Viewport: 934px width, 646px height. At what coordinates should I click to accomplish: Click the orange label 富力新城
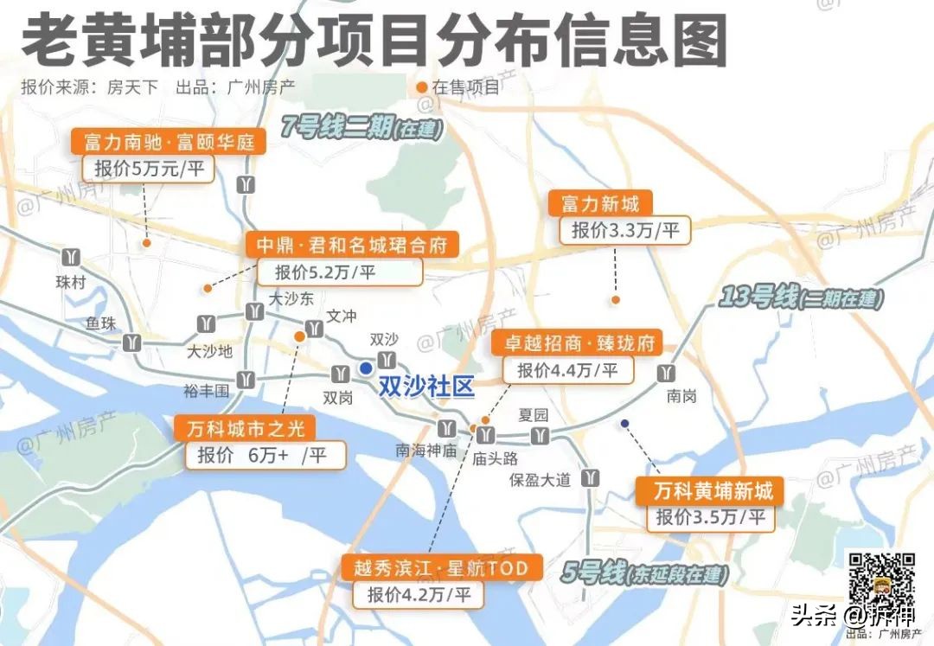click(600, 204)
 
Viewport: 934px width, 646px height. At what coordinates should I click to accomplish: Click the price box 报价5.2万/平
click(339, 272)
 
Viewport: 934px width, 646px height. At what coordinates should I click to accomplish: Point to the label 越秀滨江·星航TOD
click(441, 568)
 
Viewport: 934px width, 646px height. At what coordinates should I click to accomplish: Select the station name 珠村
click(71, 282)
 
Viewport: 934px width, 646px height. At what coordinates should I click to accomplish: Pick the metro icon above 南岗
click(667, 373)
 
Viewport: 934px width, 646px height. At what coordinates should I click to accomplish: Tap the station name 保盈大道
click(540, 480)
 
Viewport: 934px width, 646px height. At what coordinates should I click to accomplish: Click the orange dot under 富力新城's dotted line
click(616, 300)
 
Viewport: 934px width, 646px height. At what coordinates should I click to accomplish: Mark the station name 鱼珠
click(100, 323)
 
